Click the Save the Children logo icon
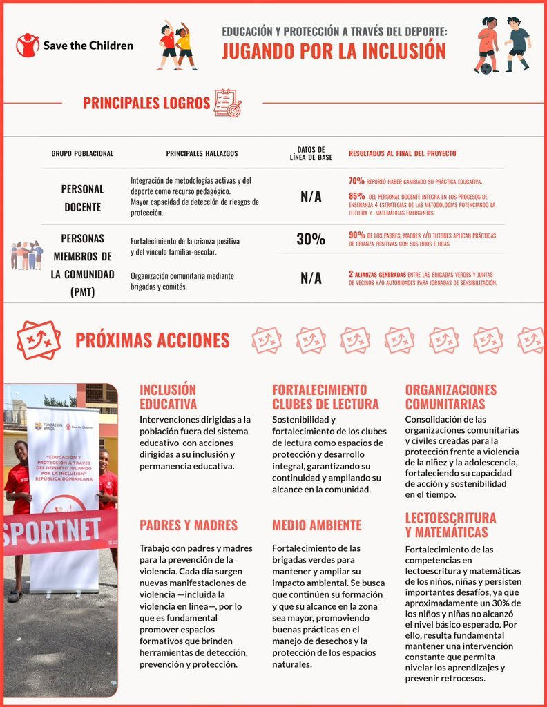click(x=27, y=46)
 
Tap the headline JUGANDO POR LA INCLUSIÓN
click(x=334, y=51)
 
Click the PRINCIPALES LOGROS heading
click(x=146, y=104)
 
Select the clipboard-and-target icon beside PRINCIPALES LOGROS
click(x=227, y=103)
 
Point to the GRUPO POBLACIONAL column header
click(x=82, y=153)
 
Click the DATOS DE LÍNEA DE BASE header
click(x=311, y=153)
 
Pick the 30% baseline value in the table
click(x=311, y=240)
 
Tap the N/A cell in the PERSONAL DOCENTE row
click(x=311, y=197)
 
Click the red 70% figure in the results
click(x=356, y=181)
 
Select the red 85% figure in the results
click(x=356, y=195)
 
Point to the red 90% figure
click(x=356, y=235)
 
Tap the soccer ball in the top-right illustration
click(x=486, y=68)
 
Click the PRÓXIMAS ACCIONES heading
click(x=152, y=340)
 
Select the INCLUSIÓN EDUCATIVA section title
click(x=168, y=397)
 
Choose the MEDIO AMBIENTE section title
click(x=316, y=525)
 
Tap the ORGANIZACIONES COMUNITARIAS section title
click(x=450, y=397)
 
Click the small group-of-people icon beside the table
click(x=26, y=255)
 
